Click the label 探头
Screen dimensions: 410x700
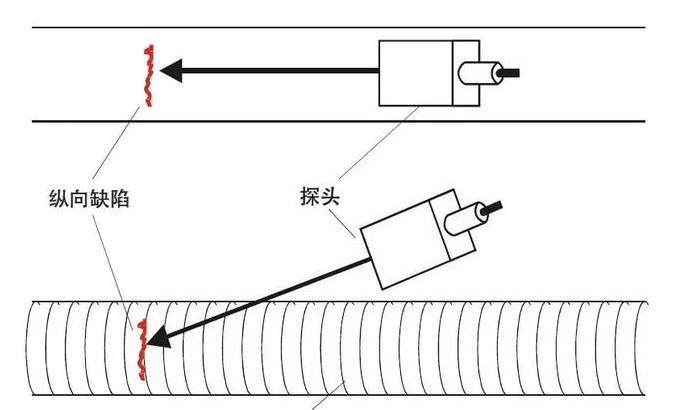pyautogui.click(x=320, y=196)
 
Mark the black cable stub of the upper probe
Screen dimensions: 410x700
pyautogui.click(x=512, y=72)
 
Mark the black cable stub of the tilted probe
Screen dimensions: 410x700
pyautogui.click(x=493, y=208)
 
